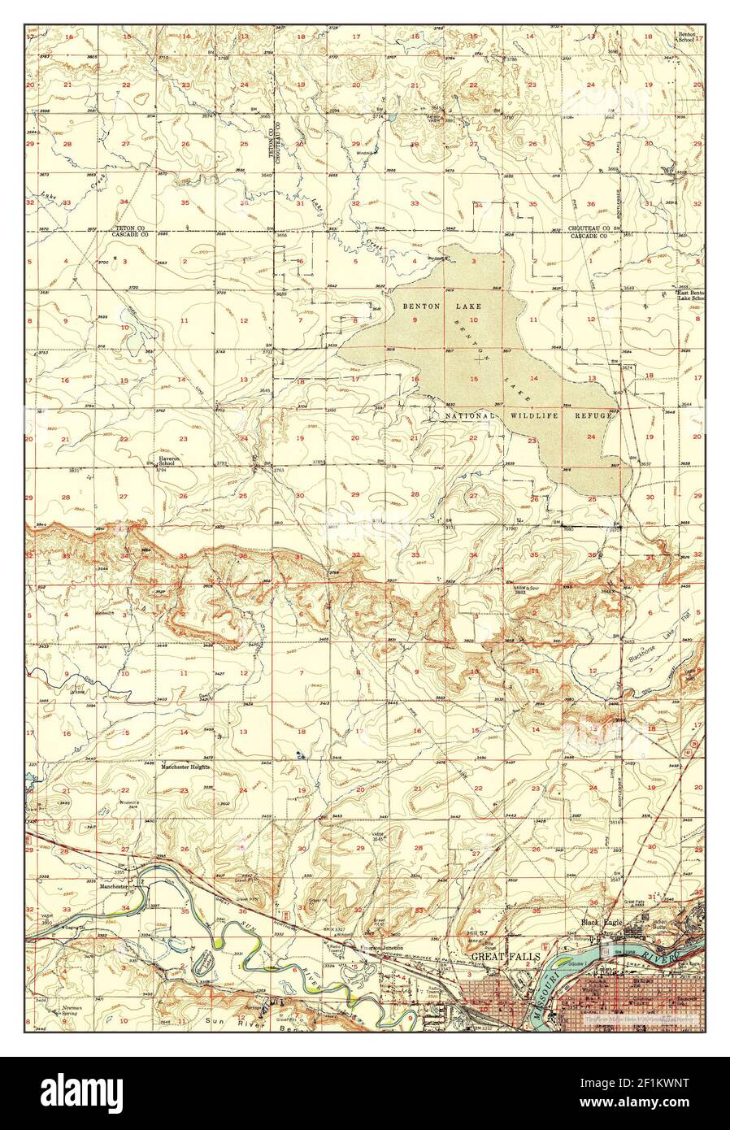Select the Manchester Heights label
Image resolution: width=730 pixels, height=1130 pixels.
[x=185, y=767]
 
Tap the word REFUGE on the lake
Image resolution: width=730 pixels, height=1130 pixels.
[x=590, y=415]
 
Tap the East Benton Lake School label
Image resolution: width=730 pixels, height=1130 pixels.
[x=692, y=295]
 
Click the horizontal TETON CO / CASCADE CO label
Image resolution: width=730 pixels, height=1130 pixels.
[x=131, y=231]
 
